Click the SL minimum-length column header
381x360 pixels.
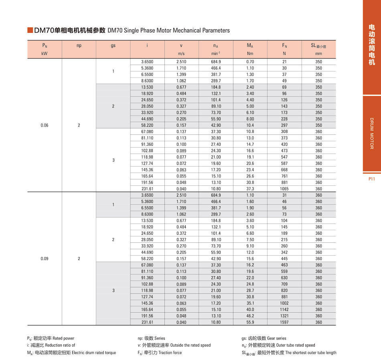coord(318,46)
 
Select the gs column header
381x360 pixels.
coord(113,46)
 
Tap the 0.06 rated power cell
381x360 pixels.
coord(45,125)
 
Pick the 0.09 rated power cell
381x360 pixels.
coord(45,259)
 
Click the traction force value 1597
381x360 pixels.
coord(284,322)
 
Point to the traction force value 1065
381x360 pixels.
coord(284,189)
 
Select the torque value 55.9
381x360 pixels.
coord(250,322)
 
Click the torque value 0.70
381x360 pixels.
coord(250,62)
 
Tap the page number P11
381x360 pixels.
coord(371,179)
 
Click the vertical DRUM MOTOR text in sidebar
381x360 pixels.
coord(371,134)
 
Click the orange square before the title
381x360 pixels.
coord(30,30)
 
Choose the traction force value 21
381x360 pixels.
coord(284,62)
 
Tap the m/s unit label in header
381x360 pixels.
coord(181,53)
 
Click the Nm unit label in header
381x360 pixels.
coord(250,53)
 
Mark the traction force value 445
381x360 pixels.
coord(284,259)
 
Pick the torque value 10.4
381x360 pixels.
coord(250,125)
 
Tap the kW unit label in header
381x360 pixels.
coord(45,53)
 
